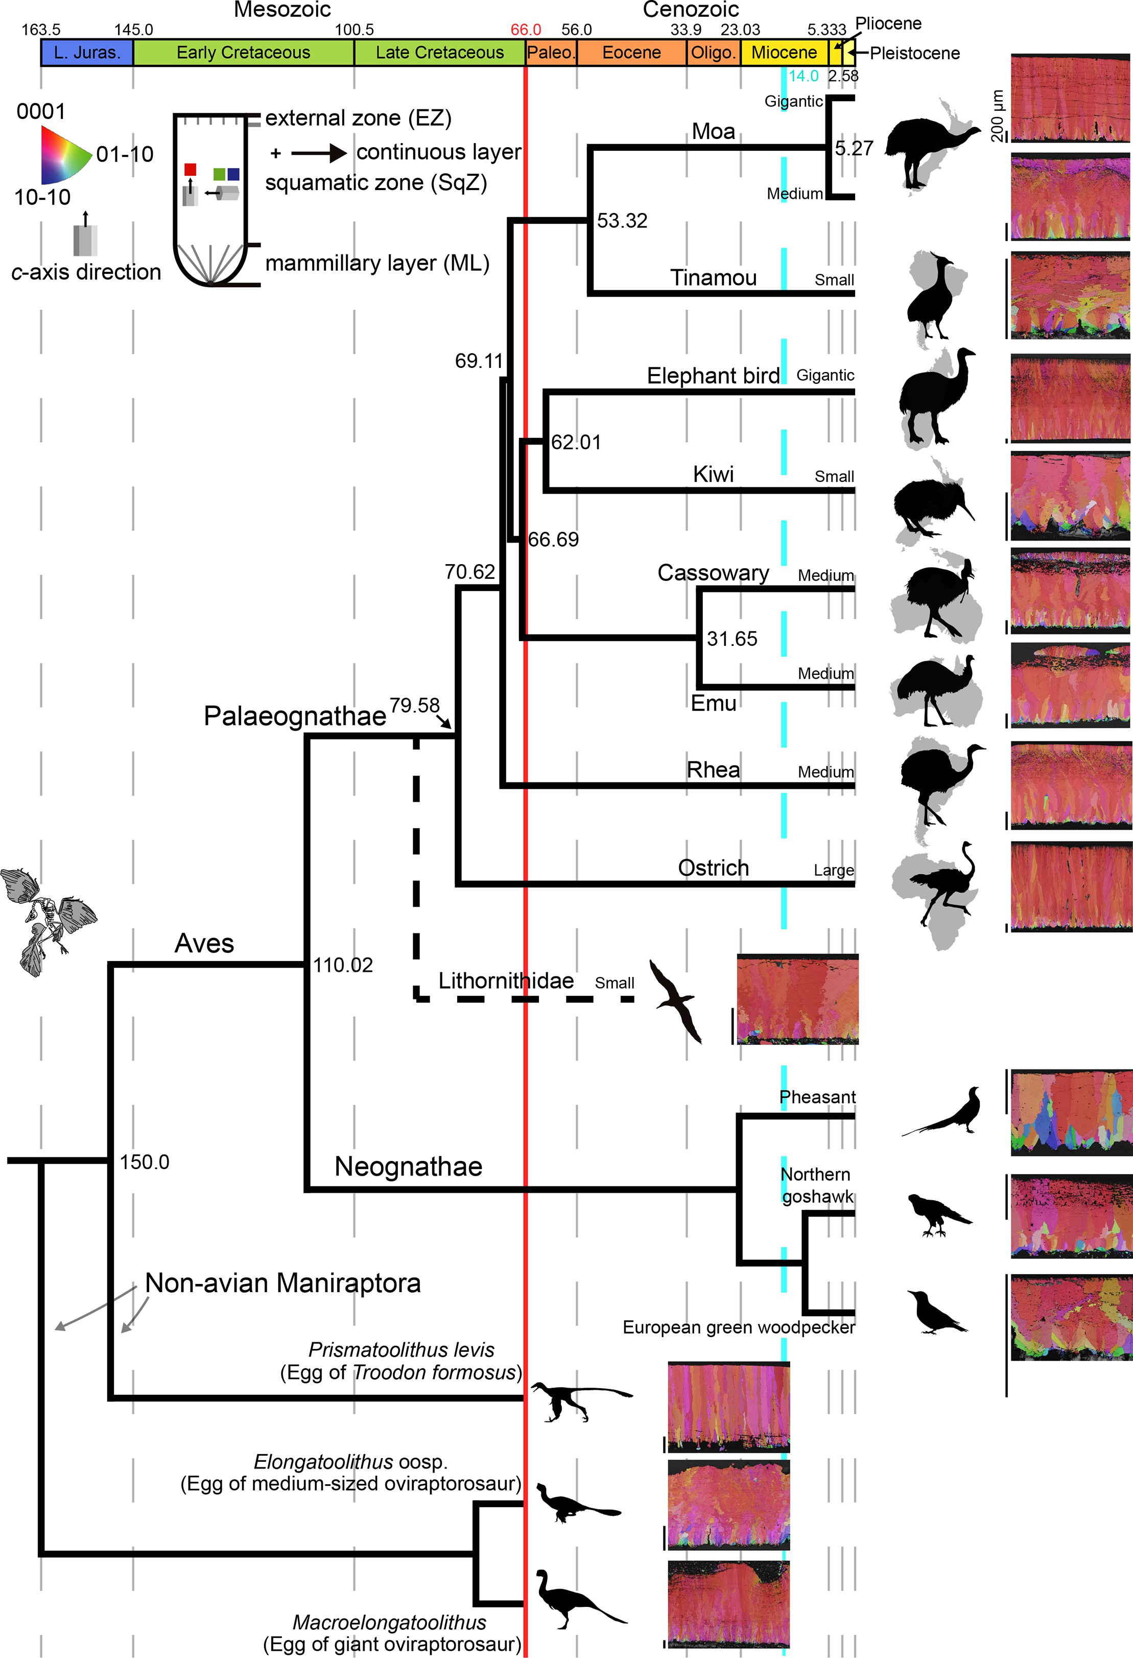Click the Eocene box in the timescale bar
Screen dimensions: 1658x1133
pos(631,53)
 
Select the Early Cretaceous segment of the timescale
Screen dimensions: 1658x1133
pos(243,53)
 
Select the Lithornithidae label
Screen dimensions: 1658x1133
pos(506,981)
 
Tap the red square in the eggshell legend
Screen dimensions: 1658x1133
pos(190,170)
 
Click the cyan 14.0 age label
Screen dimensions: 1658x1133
pos(804,76)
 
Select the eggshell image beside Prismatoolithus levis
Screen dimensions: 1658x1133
pos(728,1406)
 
